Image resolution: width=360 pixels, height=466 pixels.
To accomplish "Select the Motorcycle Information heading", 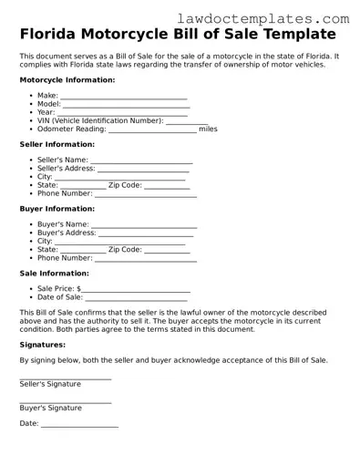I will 67,80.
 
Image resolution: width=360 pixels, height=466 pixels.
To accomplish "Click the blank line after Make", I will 124,96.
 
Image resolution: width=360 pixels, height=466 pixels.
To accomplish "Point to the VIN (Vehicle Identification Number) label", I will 100,120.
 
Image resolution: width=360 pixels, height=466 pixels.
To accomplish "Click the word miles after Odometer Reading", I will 208,129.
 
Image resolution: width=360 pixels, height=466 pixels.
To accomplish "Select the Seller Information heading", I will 57,144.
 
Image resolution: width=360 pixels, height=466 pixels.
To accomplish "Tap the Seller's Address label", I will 67,169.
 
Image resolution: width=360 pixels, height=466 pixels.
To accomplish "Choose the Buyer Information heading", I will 57,209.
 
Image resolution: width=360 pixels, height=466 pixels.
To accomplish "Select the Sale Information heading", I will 54,273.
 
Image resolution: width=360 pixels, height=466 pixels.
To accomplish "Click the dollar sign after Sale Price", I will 79,288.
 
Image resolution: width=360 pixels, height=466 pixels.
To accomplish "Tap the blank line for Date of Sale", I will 137,297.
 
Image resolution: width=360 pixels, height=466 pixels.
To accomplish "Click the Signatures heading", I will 42,345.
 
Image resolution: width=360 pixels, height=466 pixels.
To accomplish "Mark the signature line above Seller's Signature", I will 66,378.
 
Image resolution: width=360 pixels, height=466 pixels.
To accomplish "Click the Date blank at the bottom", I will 79,424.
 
